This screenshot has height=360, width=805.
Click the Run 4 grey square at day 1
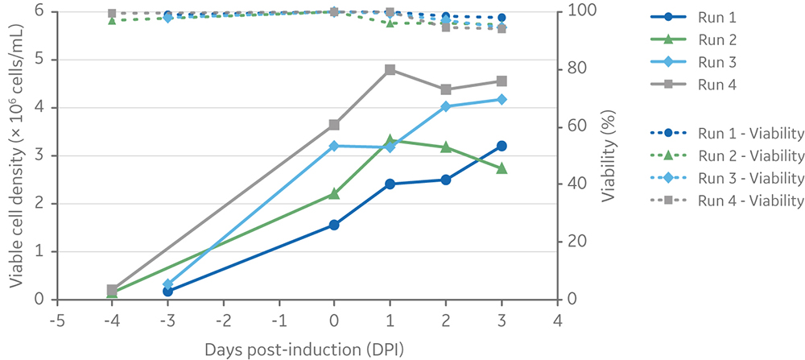[390, 69]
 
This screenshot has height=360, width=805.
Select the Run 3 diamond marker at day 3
[502, 99]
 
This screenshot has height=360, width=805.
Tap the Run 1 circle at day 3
[502, 146]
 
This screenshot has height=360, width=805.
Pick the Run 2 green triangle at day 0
[334, 193]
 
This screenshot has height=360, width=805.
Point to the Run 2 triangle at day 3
[502, 168]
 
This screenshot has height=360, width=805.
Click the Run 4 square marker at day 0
[334, 125]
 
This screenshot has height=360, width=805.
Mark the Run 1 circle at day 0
[334, 225]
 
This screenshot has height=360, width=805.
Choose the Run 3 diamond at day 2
[446, 106]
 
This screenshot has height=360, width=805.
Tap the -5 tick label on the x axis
[56, 320]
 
